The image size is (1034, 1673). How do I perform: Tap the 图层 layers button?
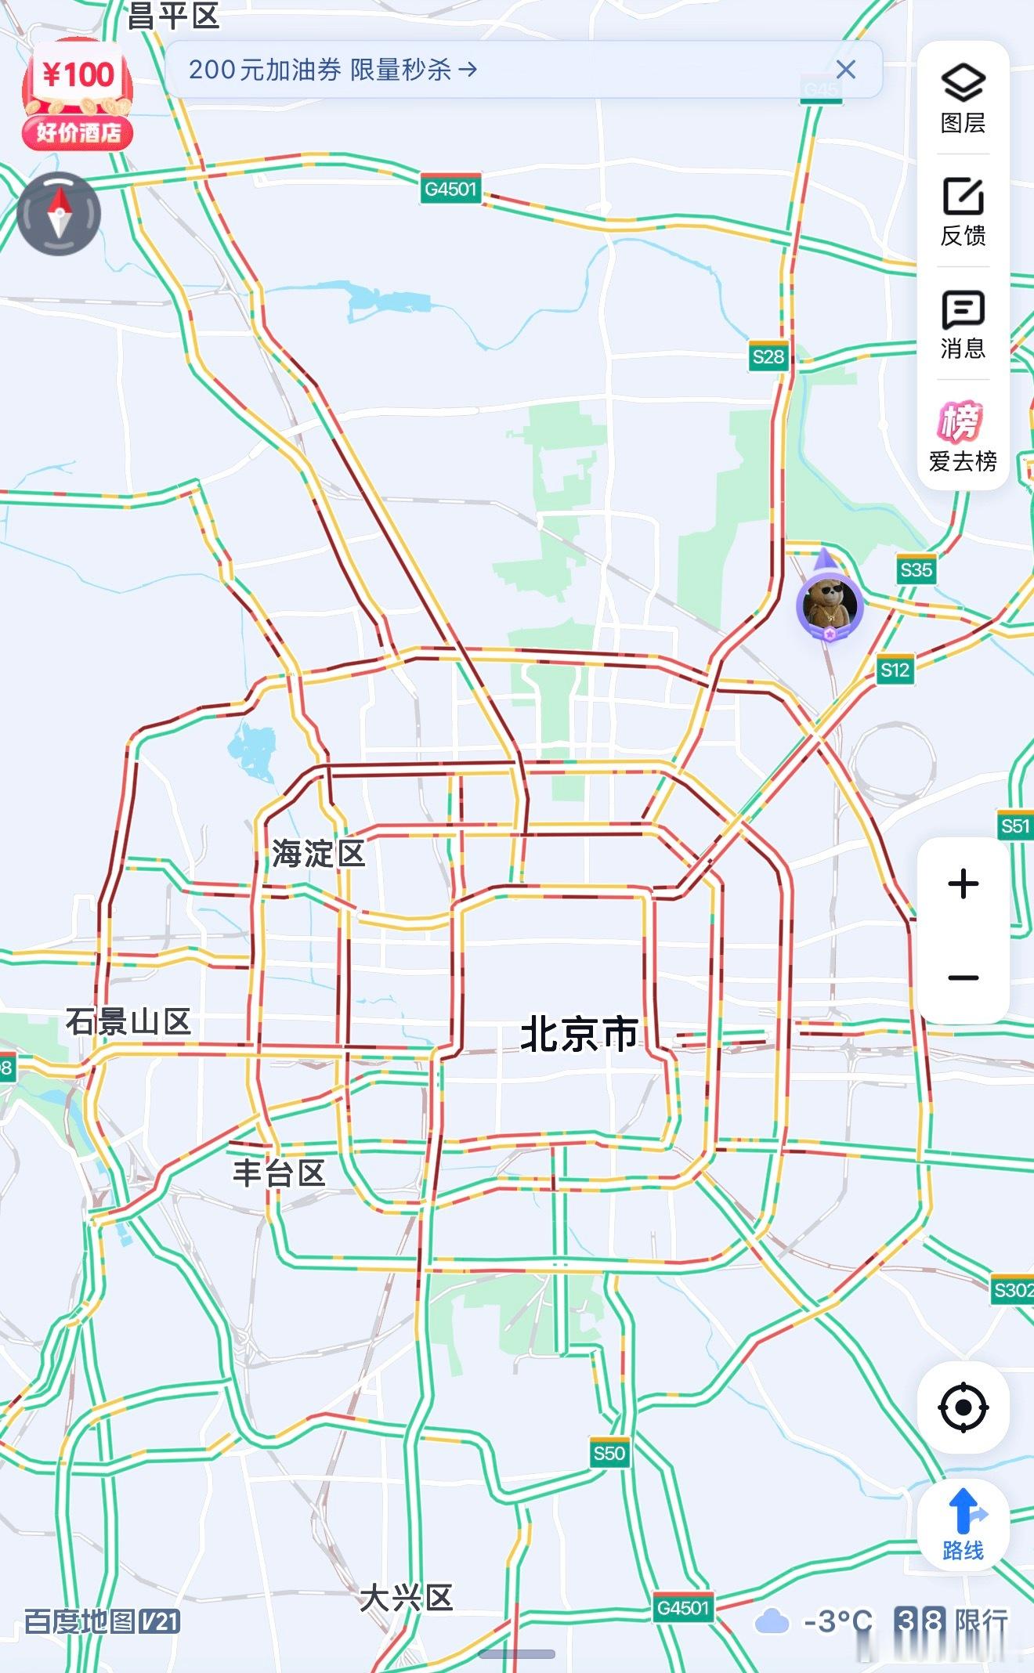point(963,97)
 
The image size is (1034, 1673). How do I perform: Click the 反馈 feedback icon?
point(963,210)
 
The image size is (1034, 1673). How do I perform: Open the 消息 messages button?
point(963,323)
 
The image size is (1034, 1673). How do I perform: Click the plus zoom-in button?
point(963,884)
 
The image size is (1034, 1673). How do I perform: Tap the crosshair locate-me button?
point(963,1407)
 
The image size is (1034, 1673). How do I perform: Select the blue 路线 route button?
point(963,1523)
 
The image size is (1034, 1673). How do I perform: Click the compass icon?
point(60,213)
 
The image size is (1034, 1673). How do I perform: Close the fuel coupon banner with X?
point(846,70)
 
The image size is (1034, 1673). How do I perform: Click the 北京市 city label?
point(580,1034)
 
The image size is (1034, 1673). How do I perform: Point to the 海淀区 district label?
point(319,853)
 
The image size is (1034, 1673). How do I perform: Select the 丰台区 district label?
point(279,1173)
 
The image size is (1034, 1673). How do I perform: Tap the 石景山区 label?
point(128,1021)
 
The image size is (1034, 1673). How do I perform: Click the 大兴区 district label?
point(407,1598)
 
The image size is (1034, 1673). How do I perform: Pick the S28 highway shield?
point(768,357)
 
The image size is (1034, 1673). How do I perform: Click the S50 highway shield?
point(609,1454)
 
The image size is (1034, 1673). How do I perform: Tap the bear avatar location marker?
point(830,605)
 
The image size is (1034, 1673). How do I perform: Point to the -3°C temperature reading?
point(838,1621)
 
